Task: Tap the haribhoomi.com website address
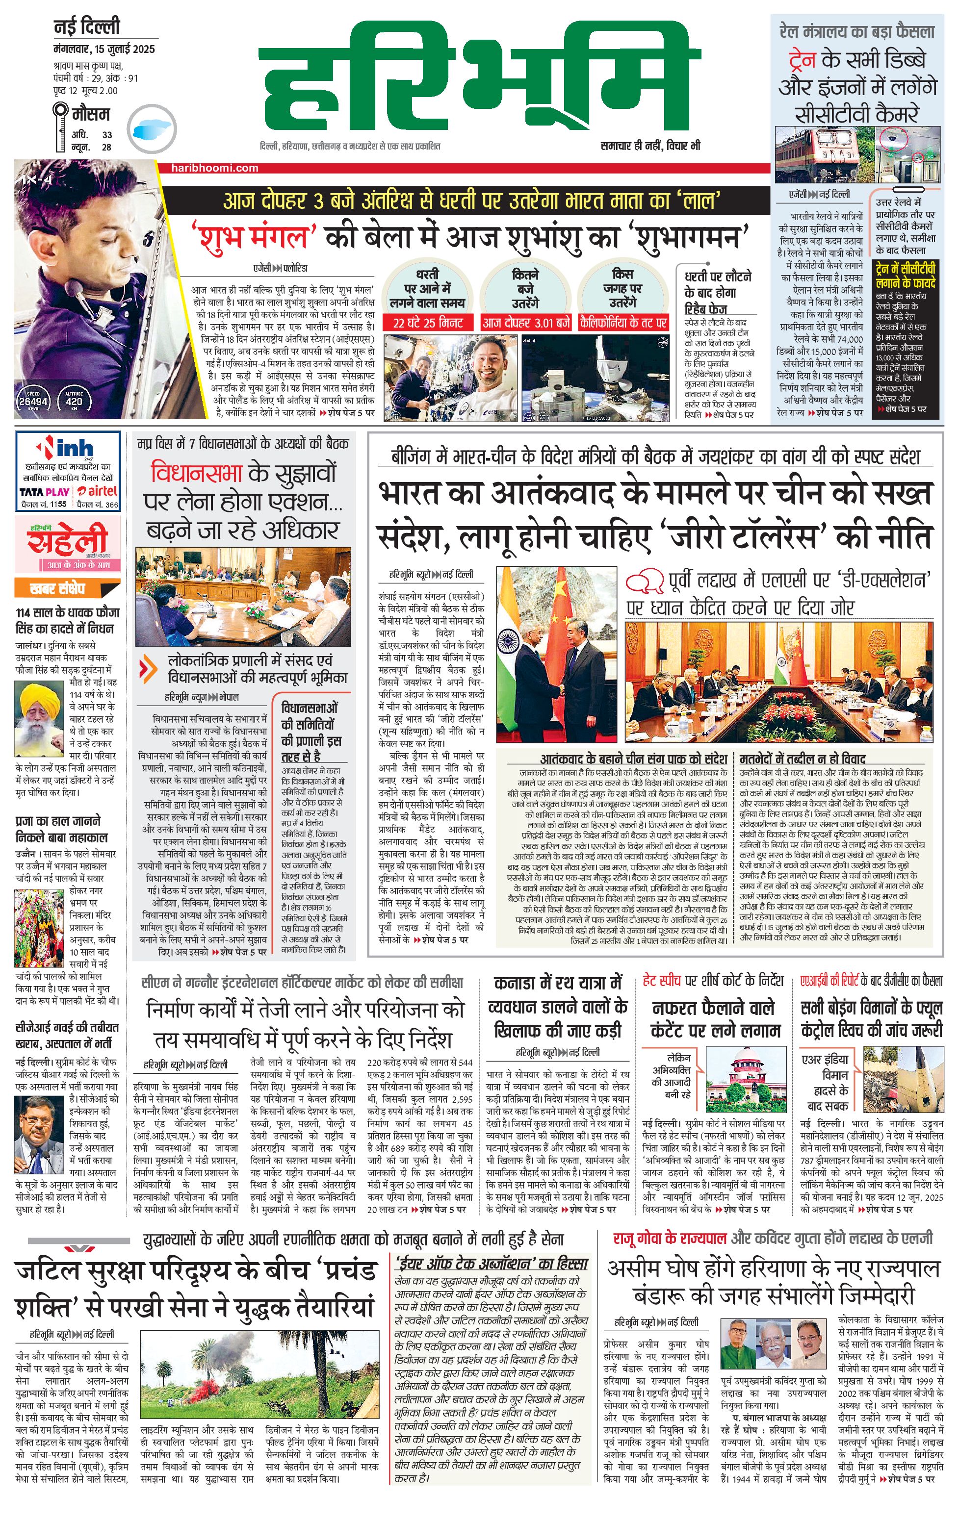(215, 168)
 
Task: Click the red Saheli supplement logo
(66, 540)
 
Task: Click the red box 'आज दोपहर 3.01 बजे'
(525, 323)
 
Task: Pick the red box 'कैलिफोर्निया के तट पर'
(623, 323)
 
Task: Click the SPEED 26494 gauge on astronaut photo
(33, 399)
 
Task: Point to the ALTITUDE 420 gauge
(74, 399)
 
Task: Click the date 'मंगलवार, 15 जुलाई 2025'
(104, 49)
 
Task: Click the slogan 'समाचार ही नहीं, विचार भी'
(650, 146)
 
